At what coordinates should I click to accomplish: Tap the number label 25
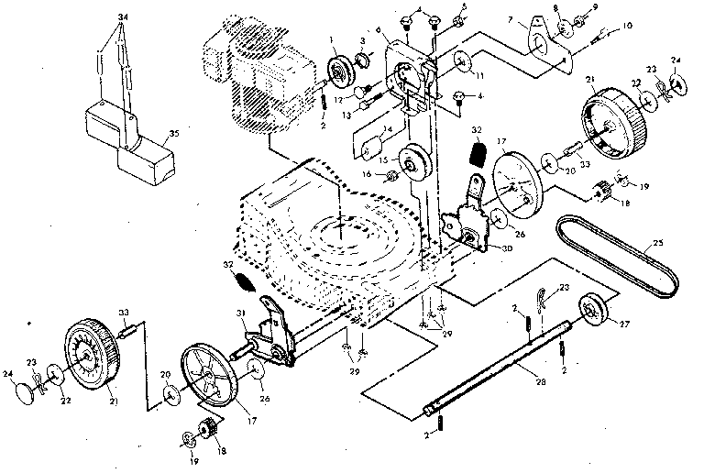(655, 246)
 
